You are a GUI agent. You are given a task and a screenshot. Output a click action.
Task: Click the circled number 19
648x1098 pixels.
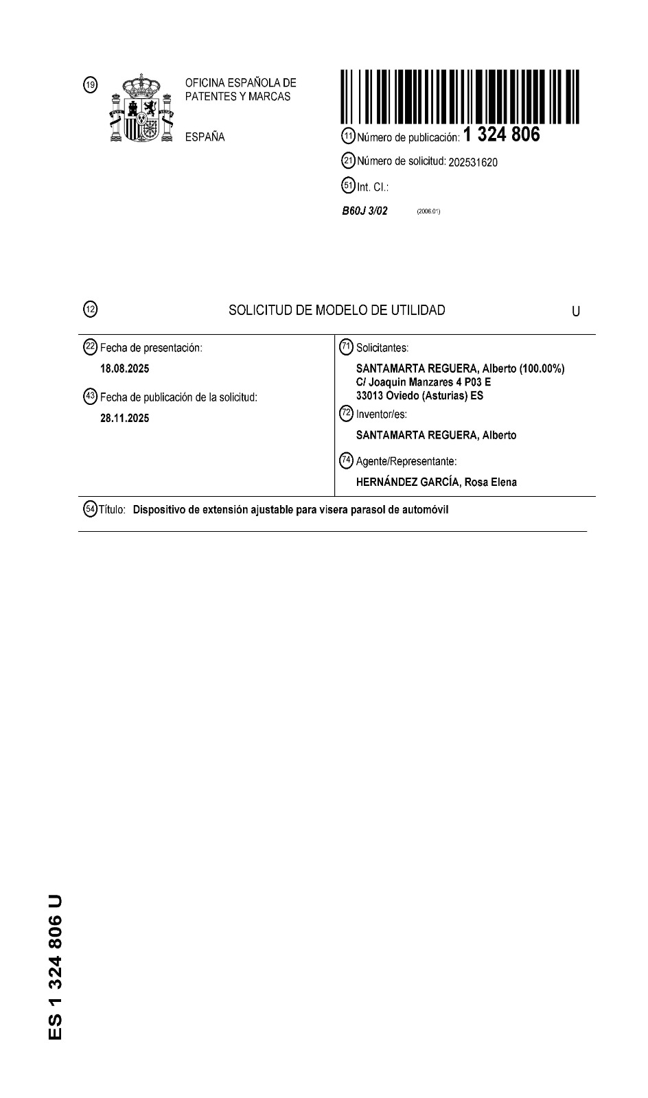pyautogui.click(x=90, y=84)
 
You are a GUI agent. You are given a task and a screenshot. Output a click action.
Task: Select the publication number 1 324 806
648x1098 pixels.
pyautogui.click(x=502, y=135)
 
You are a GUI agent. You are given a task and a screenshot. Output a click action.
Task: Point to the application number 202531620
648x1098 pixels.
pyautogui.click(x=473, y=163)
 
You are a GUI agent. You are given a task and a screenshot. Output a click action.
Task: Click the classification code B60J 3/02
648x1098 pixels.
pyautogui.click(x=364, y=211)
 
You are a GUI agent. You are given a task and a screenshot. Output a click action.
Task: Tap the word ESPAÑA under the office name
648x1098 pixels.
pyautogui.click(x=205, y=137)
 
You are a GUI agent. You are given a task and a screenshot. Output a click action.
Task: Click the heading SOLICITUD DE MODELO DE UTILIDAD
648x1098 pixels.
pyautogui.click(x=336, y=310)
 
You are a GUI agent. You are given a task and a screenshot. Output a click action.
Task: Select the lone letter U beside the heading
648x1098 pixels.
pyautogui.click(x=575, y=312)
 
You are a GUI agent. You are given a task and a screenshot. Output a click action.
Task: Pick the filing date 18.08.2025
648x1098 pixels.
pyautogui.click(x=124, y=369)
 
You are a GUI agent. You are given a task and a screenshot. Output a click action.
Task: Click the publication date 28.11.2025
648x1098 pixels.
pyautogui.click(x=124, y=418)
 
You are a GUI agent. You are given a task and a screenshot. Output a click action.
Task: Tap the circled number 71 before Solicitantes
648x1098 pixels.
pyautogui.click(x=347, y=347)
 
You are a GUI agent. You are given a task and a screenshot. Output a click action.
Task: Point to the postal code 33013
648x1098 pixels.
pyautogui.click(x=371, y=396)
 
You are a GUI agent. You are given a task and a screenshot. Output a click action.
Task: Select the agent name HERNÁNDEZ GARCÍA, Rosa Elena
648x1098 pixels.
pyautogui.click(x=436, y=482)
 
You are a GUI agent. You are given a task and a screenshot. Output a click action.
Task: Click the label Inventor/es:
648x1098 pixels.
pyautogui.click(x=381, y=414)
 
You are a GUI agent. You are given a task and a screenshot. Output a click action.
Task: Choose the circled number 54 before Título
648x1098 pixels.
pyautogui.click(x=90, y=509)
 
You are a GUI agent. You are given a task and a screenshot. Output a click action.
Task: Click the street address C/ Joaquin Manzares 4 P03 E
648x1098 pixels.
pyautogui.click(x=423, y=382)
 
